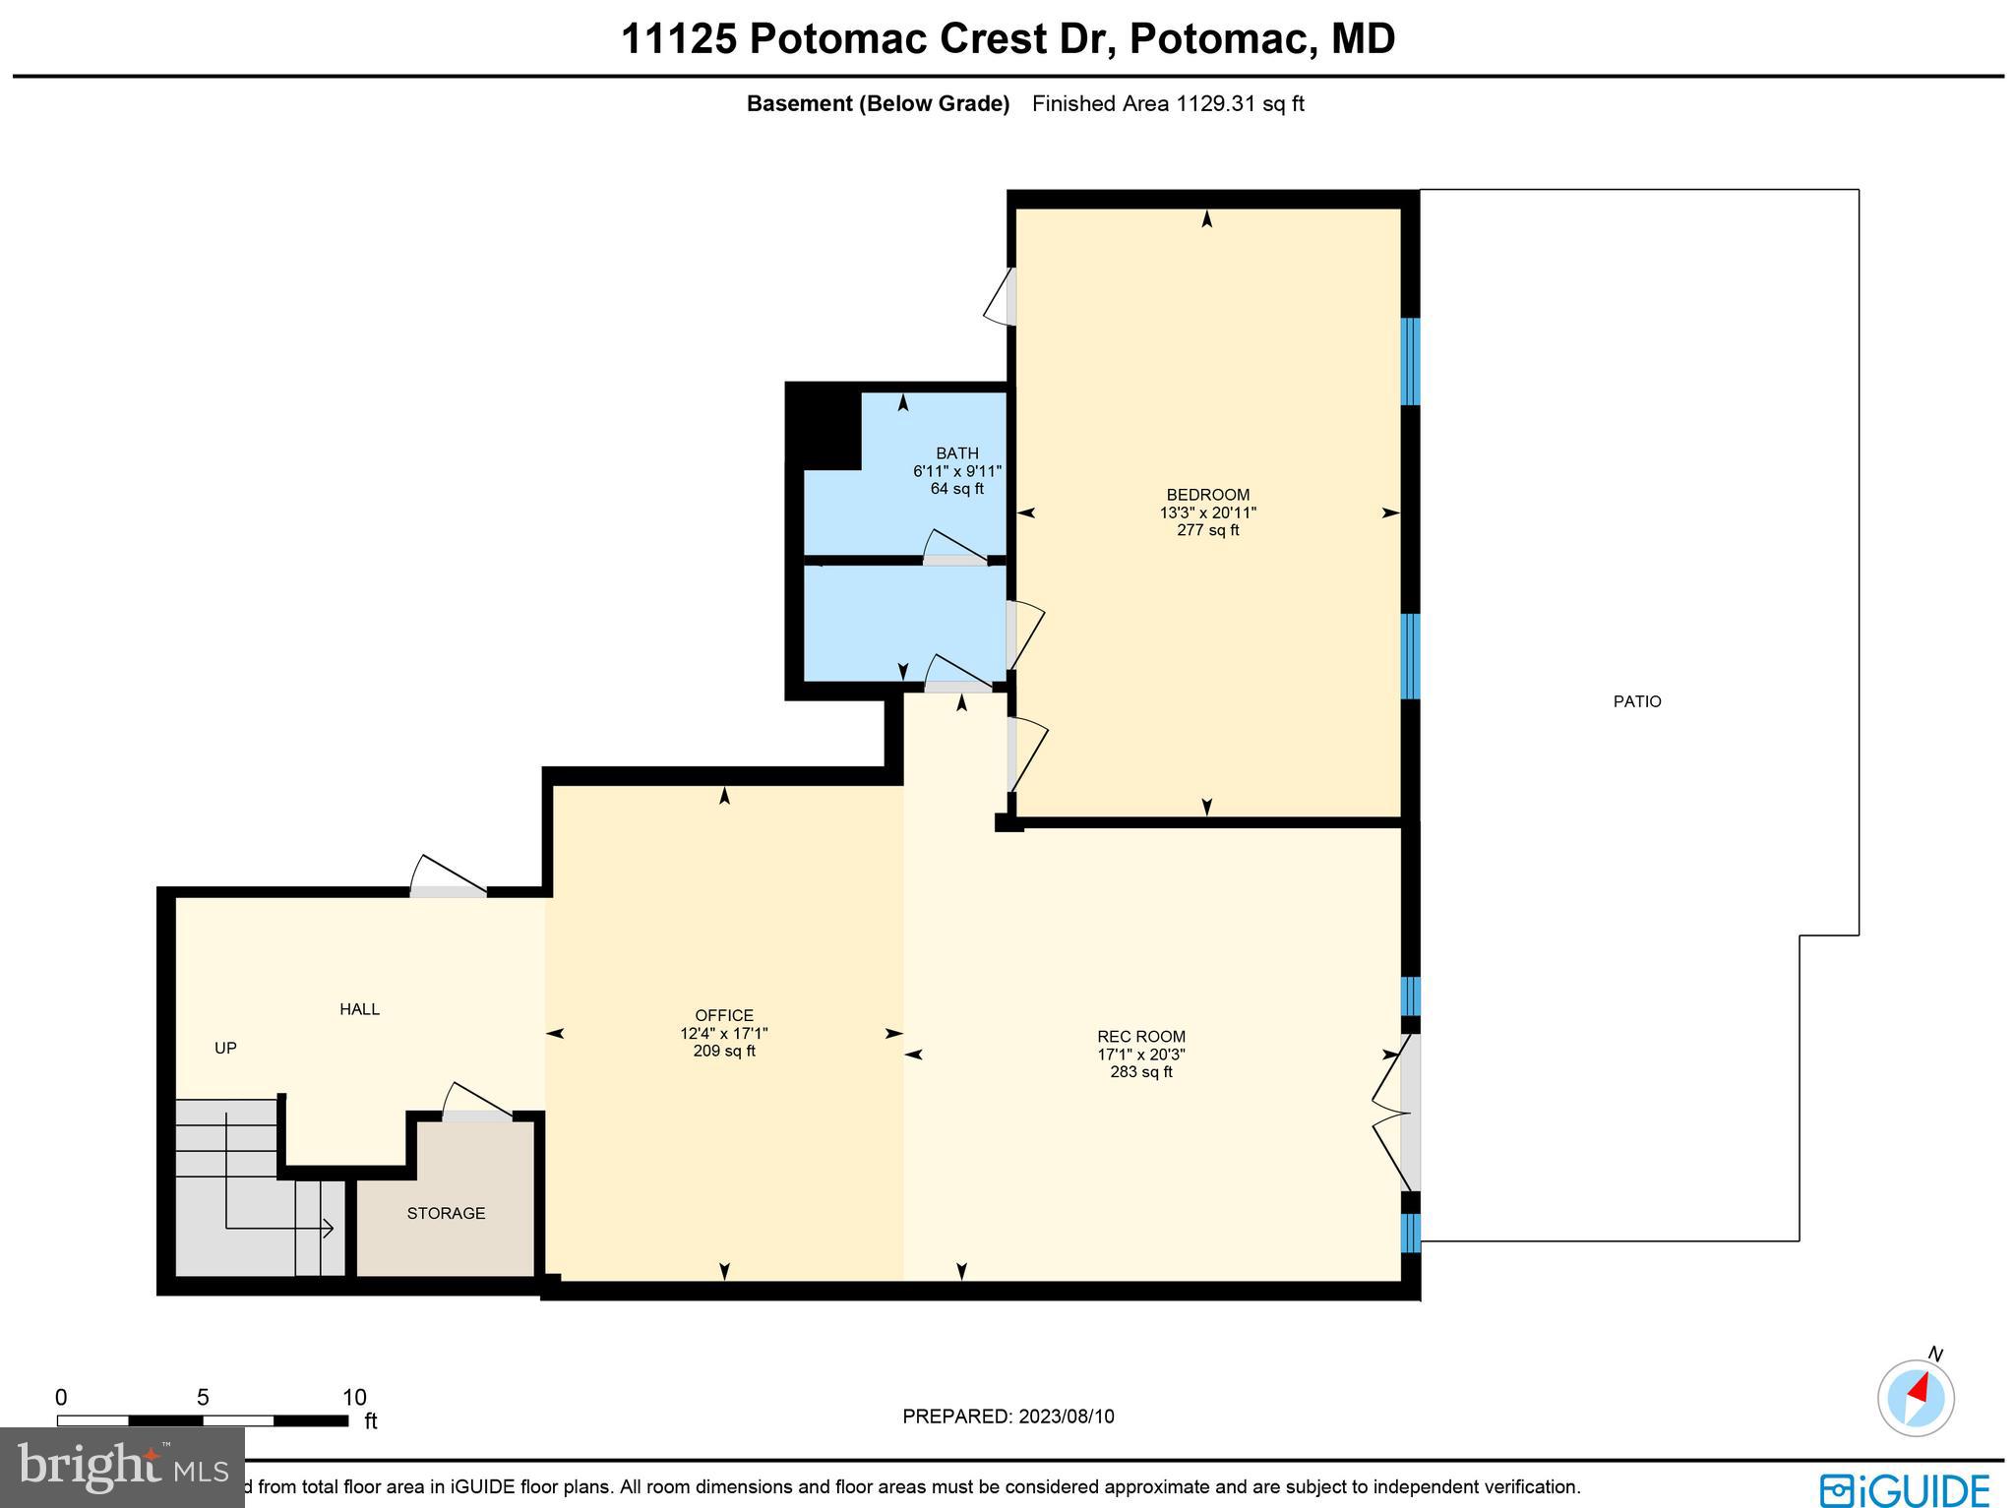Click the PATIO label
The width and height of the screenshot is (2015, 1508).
click(x=1636, y=701)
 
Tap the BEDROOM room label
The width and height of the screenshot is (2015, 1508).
click(x=1207, y=495)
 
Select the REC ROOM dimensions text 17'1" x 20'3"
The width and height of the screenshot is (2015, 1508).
click(x=1141, y=1055)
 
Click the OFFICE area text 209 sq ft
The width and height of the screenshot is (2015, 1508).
click(x=724, y=1051)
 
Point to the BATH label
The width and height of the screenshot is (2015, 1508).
click(x=956, y=453)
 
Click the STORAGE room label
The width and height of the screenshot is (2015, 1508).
click(x=446, y=1213)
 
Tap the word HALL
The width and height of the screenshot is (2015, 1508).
click(x=359, y=1009)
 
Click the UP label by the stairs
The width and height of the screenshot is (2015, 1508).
click(x=225, y=1048)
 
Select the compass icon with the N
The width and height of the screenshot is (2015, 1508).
click(x=1915, y=1398)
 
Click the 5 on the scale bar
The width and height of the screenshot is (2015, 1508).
click(x=203, y=1397)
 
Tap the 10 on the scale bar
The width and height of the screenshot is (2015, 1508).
click(x=353, y=1397)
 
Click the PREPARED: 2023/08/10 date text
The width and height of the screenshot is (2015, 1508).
click(x=1007, y=1417)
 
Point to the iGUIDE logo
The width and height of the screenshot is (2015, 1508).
click(x=1905, y=1488)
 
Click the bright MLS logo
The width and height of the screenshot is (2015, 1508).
click(x=121, y=1467)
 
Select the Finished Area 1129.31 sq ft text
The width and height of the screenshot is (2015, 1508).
click(x=1167, y=103)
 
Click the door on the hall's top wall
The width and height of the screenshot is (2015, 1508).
click(x=448, y=890)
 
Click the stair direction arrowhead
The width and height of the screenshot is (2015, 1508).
click(x=330, y=1228)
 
